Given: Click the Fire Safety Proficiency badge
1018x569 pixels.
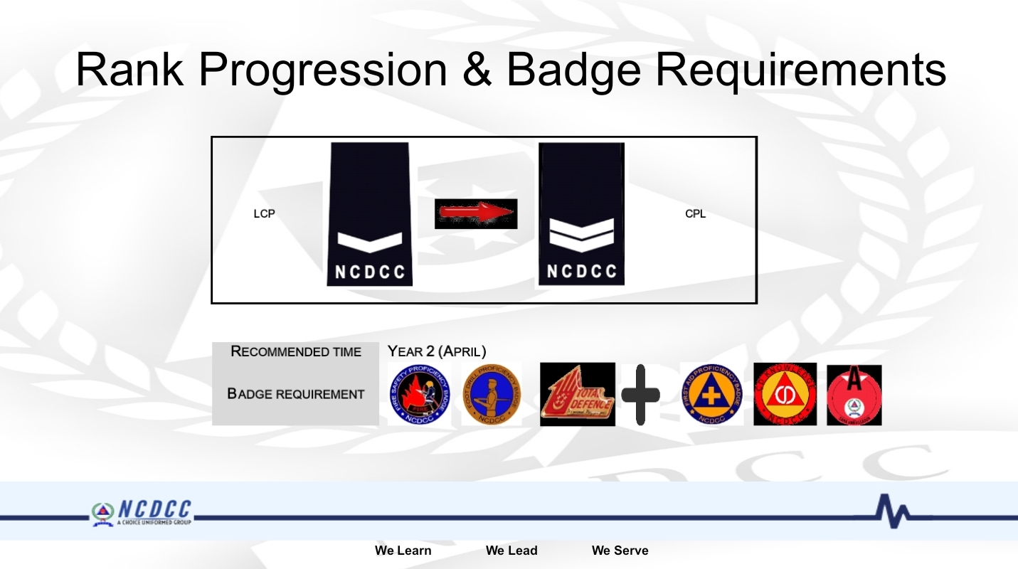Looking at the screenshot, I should point(420,395).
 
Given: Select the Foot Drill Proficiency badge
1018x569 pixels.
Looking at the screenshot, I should point(491,395).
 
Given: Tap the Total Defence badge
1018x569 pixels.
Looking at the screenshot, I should point(577,395).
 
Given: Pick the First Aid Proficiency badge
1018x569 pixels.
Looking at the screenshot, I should point(711,395).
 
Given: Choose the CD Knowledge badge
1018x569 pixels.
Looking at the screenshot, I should point(785,395).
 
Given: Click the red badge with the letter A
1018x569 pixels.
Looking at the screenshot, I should point(854,395).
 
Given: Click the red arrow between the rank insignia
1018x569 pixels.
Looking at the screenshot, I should point(476,213).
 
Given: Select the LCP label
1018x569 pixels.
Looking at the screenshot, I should point(264,214).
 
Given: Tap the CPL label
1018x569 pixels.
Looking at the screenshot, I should point(695,214).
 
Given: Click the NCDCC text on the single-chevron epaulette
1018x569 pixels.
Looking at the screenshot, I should point(369,272).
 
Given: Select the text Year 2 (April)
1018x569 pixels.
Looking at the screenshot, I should point(436,351).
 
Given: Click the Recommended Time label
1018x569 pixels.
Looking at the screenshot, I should point(296,351).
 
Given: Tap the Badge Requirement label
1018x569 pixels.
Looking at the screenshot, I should point(296,394).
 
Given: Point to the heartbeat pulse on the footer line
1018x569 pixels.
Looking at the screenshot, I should point(893,511).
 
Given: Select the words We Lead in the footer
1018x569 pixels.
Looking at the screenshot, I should point(511,551).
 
